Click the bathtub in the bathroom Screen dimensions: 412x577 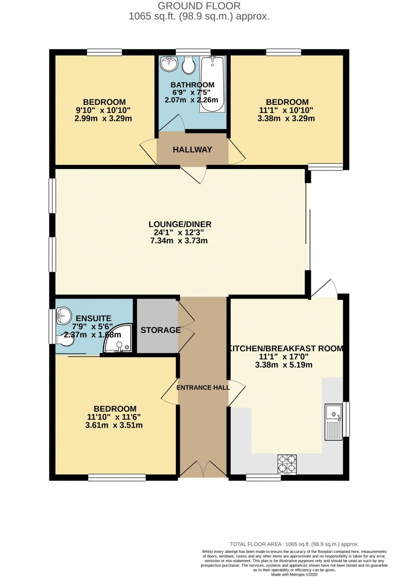pyautogui.click(x=212, y=84)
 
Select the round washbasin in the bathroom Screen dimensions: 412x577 pyautogui.click(x=169, y=63)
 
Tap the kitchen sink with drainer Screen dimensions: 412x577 pyautogui.click(x=333, y=422)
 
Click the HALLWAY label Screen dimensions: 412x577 pyautogui.click(x=192, y=150)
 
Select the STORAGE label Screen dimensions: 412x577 pyautogui.click(x=161, y=330)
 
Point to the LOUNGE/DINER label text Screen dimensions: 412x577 pyautogui.click(x=180, y=224)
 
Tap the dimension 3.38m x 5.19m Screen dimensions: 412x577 pyautogui.click(x=284, y=365)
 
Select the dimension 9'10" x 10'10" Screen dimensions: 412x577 pyautogui.click(x=103, y=110)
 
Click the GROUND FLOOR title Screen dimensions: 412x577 pyautogui.click(x=199, y=5)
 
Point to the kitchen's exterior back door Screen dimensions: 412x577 pyautogui.click(x=324, y=288)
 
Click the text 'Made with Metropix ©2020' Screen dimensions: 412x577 pyautogui.click(x=294, y=574)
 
